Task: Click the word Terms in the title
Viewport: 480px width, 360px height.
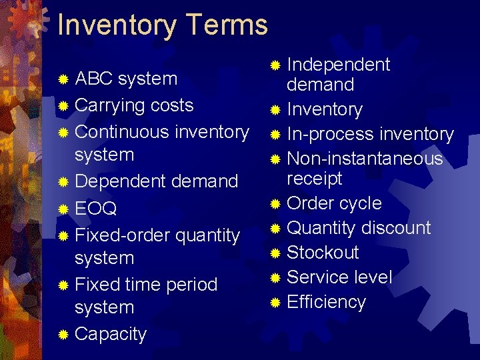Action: [x=226, y=25]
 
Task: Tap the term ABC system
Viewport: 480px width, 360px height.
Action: [x=126, y=79]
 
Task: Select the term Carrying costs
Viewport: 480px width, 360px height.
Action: [x=134, y=105]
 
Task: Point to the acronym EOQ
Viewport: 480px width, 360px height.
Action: [x=96, y=209]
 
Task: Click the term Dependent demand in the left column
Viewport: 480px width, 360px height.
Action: [x=157, y=181]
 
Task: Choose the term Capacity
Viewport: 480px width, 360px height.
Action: [x=111, y=333]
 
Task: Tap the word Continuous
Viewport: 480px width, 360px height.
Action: [x=123, y=132]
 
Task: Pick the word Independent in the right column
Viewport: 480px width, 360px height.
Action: [x=338, y=65]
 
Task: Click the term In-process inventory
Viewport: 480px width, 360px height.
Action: [x=370, y=134]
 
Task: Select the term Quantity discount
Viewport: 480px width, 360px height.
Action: [x=359, y=228]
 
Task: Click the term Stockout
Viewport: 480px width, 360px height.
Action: [x=323, y=253]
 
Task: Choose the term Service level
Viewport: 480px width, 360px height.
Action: [x=339, y=277]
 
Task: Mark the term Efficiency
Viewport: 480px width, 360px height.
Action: [x=326, y=302]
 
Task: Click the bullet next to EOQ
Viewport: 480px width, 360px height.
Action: [x=63, y=209]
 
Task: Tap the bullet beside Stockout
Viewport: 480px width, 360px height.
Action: [x=275, y=253]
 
